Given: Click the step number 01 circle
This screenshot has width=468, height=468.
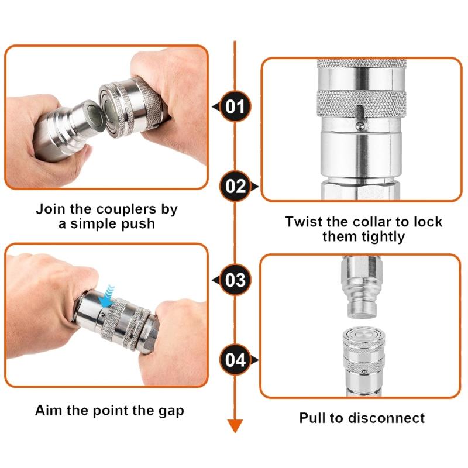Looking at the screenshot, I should (235, 106).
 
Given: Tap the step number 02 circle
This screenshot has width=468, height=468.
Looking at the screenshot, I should (235, 187).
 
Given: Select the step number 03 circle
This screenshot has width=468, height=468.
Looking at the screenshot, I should (235, 280).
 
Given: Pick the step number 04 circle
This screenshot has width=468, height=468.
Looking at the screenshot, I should (235, 359).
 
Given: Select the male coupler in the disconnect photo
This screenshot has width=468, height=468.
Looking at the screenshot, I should (360, 287).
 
